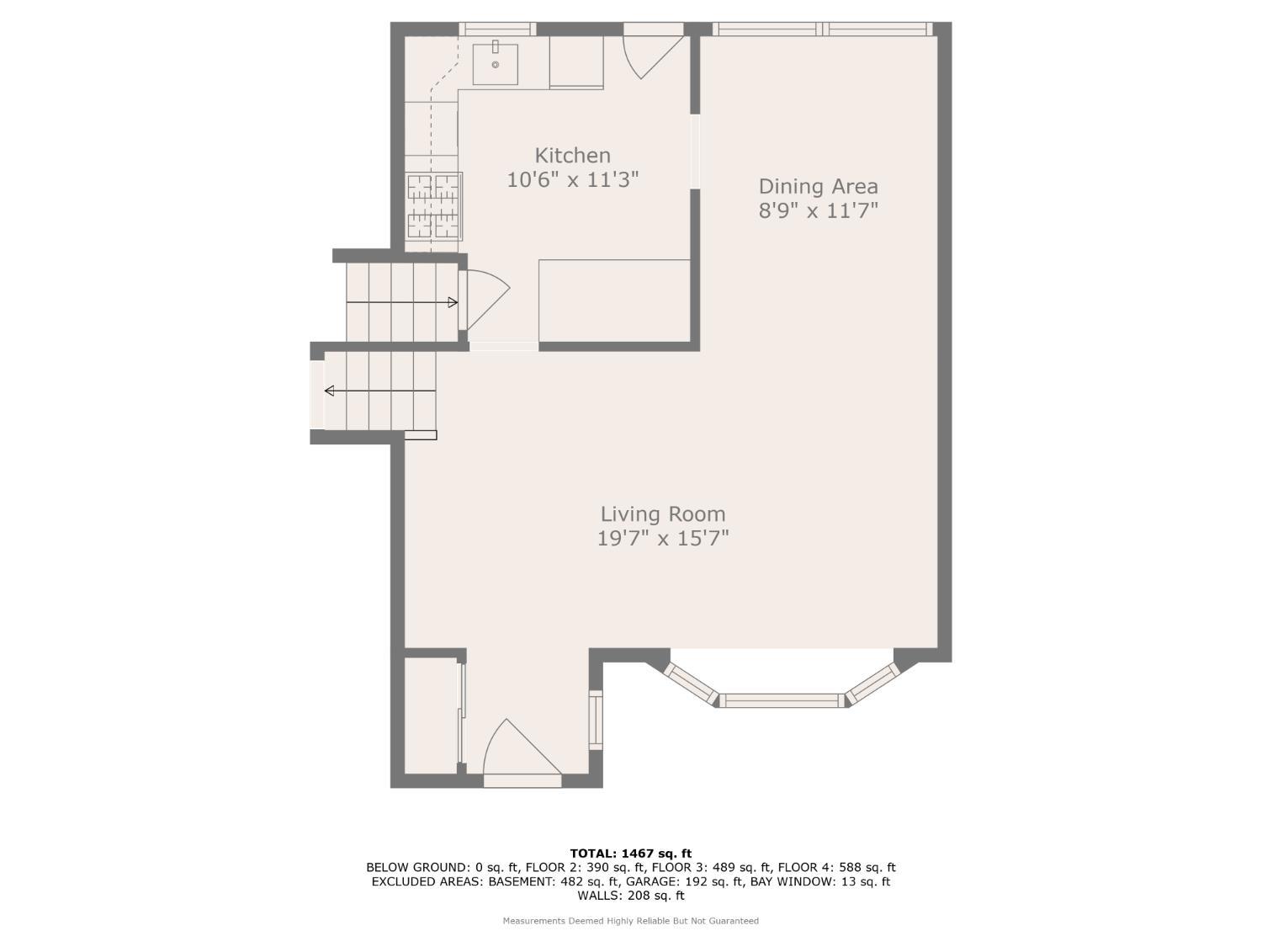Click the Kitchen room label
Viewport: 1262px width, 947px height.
572,156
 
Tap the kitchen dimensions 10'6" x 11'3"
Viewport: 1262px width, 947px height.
572,179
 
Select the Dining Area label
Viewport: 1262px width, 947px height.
818,186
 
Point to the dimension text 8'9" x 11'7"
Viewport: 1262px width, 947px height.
818,210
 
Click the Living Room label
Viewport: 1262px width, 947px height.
662,513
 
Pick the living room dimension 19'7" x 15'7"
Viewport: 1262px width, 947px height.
662,538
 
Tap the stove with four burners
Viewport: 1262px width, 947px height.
433,205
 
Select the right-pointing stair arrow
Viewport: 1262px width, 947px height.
402,302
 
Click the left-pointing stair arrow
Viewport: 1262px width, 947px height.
379,391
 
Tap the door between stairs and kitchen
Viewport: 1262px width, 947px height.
485,299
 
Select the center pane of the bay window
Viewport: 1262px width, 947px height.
782,700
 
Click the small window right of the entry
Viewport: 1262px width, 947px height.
596,720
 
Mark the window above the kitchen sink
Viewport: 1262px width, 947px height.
496,29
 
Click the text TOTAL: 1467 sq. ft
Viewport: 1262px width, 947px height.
630,854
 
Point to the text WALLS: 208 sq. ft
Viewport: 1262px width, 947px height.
630,896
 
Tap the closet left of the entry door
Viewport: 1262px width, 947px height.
431,716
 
